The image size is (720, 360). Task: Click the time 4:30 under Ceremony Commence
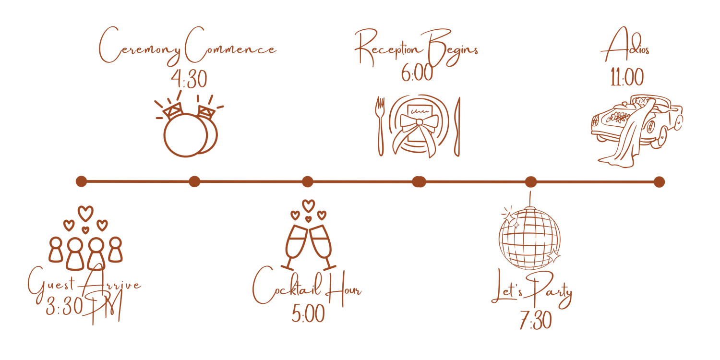click(189, 79)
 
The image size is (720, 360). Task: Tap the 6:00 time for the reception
click(417, 72)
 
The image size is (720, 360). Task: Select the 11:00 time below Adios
click(627, 77)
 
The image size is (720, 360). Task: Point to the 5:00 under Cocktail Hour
click(308, 313)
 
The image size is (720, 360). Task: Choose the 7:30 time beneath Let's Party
click(536, 320)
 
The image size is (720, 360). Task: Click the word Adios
click(625, 45)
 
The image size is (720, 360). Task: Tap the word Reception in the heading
click(387, 48)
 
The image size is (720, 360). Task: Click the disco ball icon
click(529, 238)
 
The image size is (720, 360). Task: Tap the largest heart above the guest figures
click(85, 214)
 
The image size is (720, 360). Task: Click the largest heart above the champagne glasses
click(308, 206)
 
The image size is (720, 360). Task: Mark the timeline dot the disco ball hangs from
click(531, 182)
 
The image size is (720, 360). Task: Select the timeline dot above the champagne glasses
click(308, 181)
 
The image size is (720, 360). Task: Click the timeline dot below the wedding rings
click(194, 181)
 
